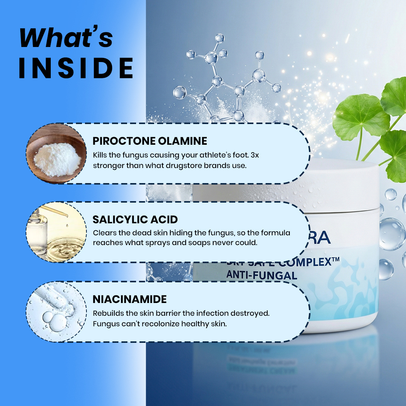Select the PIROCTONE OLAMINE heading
pyautogui.click(x=150, y=141)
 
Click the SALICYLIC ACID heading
pyautogui.click(x=135, y=220)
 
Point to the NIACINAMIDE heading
pyautogui.click(x=130, y=299)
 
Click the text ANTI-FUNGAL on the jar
pyautogui.click(x=262, y=275)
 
